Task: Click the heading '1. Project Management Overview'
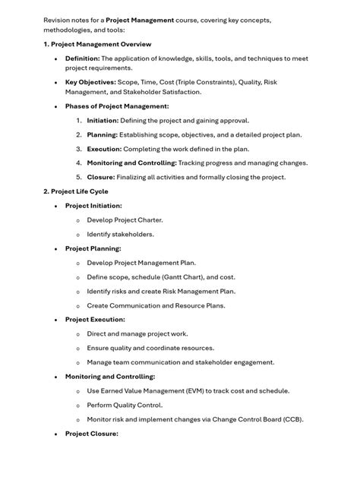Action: tap(97, 44)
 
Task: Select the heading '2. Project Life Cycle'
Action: tap(76, 191)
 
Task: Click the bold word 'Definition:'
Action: tap(83, 58)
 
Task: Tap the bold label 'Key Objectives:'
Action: tap(90, 82)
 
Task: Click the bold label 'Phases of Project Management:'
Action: tap(117, 106)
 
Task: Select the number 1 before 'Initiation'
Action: tap(79, 121)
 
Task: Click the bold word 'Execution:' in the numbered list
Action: tap(104, 149)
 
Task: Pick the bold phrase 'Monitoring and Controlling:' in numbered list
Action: tap(131, 163)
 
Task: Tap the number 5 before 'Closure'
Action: tap(79, 177)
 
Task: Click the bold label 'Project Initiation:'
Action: tap(93, 206)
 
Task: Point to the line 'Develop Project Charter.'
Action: tap(125, 220)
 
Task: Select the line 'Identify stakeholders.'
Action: tap(120, 234)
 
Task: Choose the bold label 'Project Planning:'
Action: tap(93, 248)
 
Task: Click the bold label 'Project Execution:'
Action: tap(95, 320)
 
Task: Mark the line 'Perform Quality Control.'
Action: tap(125, 405)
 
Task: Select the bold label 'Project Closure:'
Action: tap(91, 434)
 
